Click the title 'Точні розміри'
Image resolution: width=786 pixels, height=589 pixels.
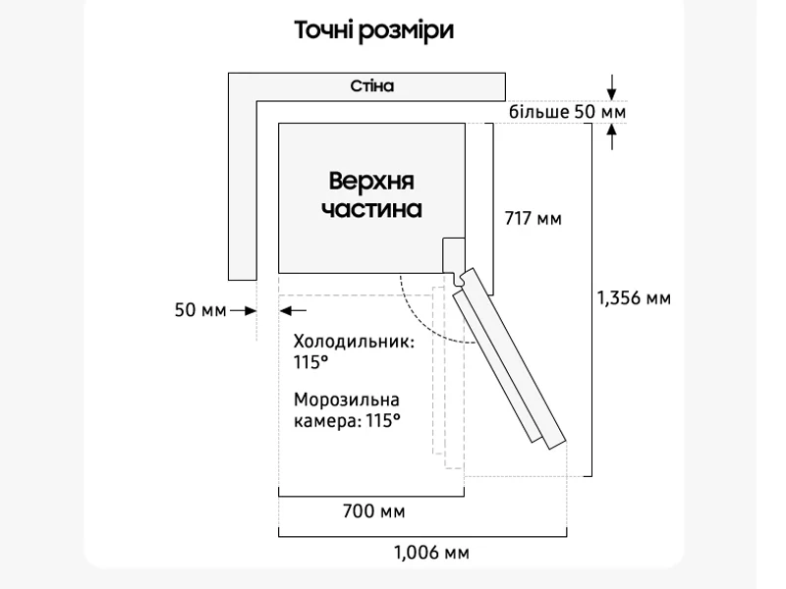pos(374,30)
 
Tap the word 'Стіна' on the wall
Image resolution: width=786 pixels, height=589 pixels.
pos(372,86)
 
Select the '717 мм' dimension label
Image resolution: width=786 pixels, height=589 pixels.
pos(533,219)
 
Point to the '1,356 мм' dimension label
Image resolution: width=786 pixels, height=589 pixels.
pos(634,298)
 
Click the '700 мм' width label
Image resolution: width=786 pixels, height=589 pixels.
pos(374,511)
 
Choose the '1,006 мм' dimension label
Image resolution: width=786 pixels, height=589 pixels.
pos(431,553)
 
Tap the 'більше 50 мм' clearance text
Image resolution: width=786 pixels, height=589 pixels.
pos(568,112)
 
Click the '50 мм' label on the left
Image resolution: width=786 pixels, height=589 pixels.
pos(200,310)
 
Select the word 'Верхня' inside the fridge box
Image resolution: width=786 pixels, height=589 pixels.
pos(371,181)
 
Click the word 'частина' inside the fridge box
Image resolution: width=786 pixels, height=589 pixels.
pos(371,209)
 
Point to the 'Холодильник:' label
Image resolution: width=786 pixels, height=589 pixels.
pos(354,342)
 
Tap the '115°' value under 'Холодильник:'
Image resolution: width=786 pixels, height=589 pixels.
pos(310,362)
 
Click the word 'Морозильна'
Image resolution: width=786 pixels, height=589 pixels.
pos(347,401)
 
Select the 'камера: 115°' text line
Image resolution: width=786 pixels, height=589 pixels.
pos(347,421)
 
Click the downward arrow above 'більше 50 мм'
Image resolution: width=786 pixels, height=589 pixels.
pos(611,87)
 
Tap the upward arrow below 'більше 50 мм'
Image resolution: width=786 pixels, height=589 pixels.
pos(611,136)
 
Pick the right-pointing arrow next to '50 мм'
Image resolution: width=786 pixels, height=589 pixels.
pos(243,311)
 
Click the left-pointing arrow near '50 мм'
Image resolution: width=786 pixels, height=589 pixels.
pos(293,311)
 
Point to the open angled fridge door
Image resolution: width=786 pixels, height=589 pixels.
pos(509,358)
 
